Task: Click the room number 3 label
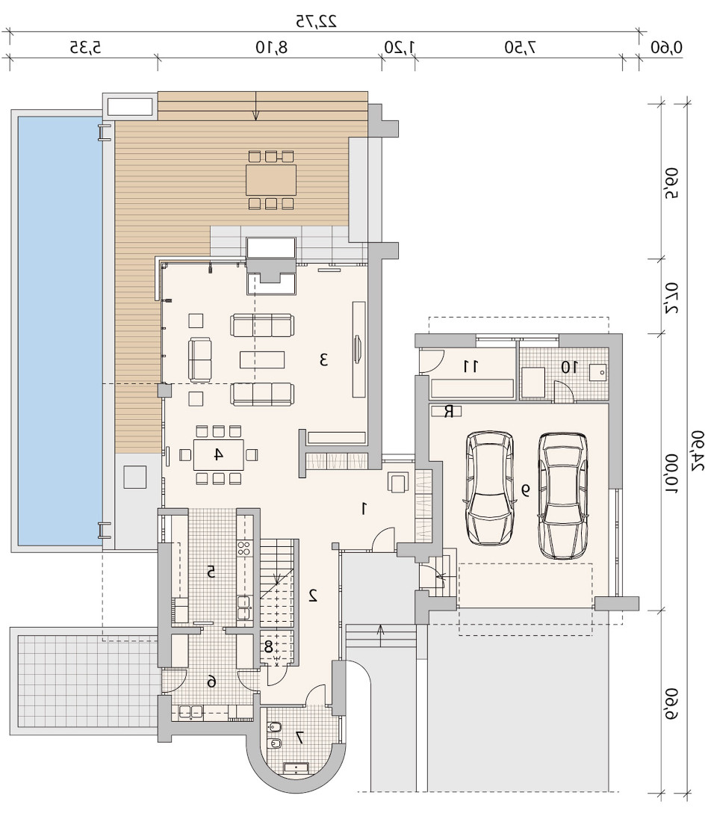[x=323, y=359]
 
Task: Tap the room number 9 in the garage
[x=526, y=489]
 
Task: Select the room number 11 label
[x=470, y=366]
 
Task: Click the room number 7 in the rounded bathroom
[x=299, y=737]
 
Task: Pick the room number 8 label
[x=268, y=647]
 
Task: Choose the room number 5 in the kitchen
[x=211, y=572]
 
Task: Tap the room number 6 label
[x=211, y=681]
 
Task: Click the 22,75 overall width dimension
[x=317, y=22]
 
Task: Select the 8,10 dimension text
[x=271, y=47]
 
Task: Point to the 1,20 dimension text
[x=399, y=47]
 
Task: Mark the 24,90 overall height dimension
[x=698, y=451]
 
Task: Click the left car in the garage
[x=490, y=488]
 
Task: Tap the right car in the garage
[x=563, y=496]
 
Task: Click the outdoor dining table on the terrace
[x=271, y=179]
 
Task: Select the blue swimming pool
[x=60, y=328]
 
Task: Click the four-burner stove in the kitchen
[x=244, y=548]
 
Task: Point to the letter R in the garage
[x=448, y=411]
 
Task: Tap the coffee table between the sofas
[x=262, y=359]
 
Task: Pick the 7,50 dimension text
[x=520, y=47]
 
